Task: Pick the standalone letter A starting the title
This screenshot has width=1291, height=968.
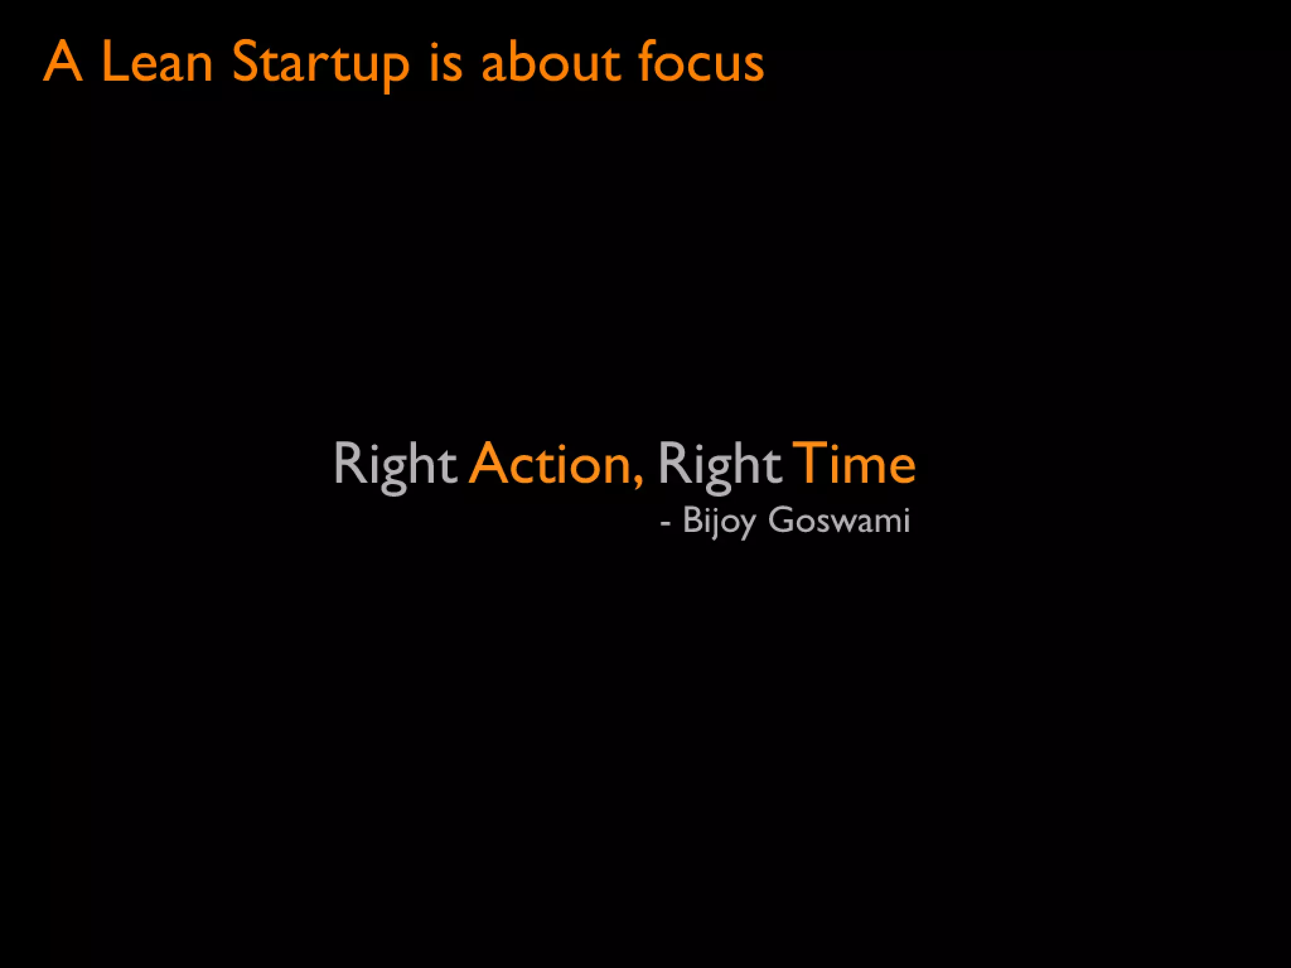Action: coord(63,62)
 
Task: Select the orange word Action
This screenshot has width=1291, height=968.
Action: coord(550,464)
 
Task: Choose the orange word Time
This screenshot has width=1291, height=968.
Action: coord(854,464)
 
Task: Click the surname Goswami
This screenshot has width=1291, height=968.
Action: coord(839,521)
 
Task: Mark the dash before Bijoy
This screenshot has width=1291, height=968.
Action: coord(666,523)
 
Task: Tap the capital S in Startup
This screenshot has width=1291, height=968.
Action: coord(246,62)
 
